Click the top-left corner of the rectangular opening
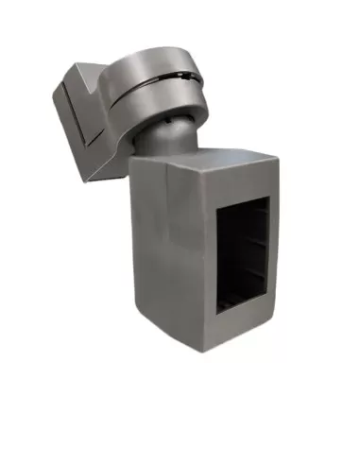coord(219,210)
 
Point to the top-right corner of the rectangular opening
coord(269,196)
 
